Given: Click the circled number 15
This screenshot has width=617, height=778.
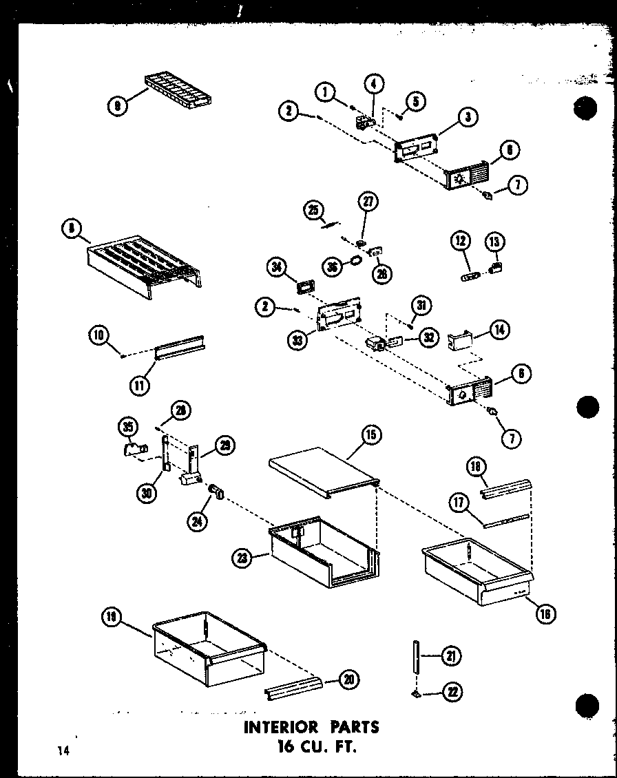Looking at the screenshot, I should point(372,435).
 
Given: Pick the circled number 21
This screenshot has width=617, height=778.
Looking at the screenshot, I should point(451,656).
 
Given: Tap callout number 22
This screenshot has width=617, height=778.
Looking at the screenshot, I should point(452,692).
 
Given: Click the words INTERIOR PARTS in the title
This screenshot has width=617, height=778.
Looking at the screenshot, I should point(311,726).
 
